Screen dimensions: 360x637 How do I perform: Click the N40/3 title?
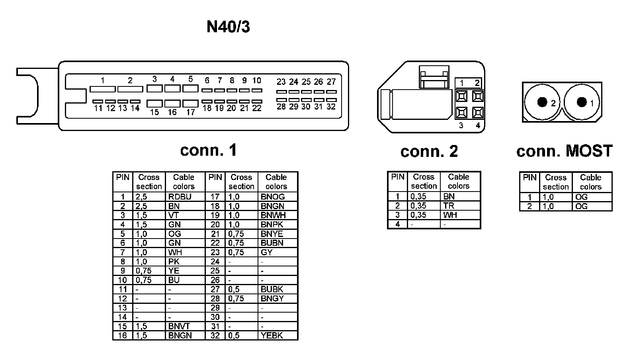pos(228,27)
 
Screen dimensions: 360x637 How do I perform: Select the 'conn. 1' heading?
pos(208,150)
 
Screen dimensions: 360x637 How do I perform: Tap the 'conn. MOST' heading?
pos(564,151)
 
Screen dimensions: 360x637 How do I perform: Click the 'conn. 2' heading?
pos(429,151)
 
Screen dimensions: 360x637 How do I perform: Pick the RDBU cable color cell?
pos(180,197)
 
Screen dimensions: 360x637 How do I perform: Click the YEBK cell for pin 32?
pos(272,335)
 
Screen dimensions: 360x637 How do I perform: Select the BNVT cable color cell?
pos(179,326)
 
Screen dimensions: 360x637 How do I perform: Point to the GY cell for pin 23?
pos(267,252)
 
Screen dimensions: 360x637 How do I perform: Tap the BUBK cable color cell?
pos(272,289)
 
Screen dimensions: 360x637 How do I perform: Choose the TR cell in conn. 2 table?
pos(449,206)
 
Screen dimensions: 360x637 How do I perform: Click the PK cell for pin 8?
pos(174,262)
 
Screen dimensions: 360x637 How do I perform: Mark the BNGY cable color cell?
pos(272,298)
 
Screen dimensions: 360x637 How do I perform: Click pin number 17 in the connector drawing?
pos(191,112)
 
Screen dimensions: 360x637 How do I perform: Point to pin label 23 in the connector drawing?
pos(281,82)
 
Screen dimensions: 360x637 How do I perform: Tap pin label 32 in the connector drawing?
pos(331,107)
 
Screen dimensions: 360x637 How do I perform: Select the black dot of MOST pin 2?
pos(542,102)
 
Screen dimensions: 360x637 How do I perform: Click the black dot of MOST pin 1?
pos(582,102)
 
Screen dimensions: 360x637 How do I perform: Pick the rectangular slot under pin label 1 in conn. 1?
pos(102,89)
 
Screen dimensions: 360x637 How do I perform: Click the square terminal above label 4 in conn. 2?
pos(478,113)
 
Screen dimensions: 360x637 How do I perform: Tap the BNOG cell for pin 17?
pos(273,197)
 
